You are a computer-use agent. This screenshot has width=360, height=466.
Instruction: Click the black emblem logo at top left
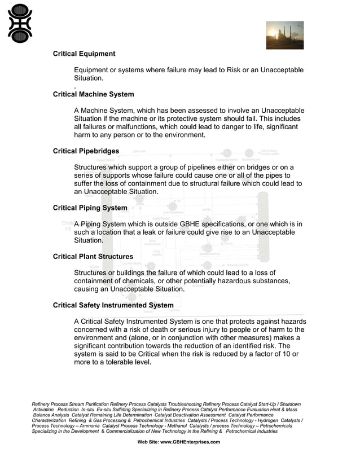click(20, 23)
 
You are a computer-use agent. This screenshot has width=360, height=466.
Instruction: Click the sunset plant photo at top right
click(284, 36)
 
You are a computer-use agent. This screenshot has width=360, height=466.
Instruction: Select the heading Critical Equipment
click(84, 54)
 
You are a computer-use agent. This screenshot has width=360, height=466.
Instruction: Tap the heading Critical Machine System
click(93, 94)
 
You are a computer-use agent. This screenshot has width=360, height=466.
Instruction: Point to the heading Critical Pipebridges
click(86, 151)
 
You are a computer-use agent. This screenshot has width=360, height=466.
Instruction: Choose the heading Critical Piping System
click(90, 208)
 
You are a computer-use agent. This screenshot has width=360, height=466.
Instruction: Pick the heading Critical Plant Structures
click(93, 257)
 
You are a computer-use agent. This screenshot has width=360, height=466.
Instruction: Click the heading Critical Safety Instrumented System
click(113, 306)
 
